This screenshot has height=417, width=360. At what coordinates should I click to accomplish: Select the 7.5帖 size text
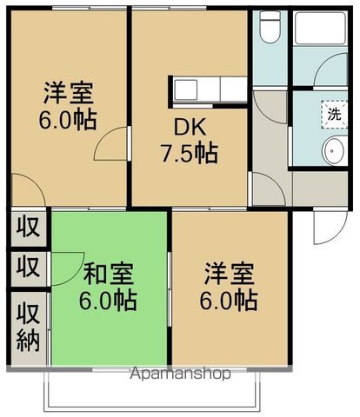click(193, 154)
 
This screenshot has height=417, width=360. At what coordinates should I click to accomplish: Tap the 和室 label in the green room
click(106, 276)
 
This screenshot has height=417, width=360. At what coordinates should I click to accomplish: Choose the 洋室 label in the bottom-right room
click(230, 276)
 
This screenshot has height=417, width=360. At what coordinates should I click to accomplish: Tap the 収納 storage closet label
click(30, 326)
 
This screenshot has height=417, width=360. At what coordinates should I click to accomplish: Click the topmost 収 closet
click(30, 229)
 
